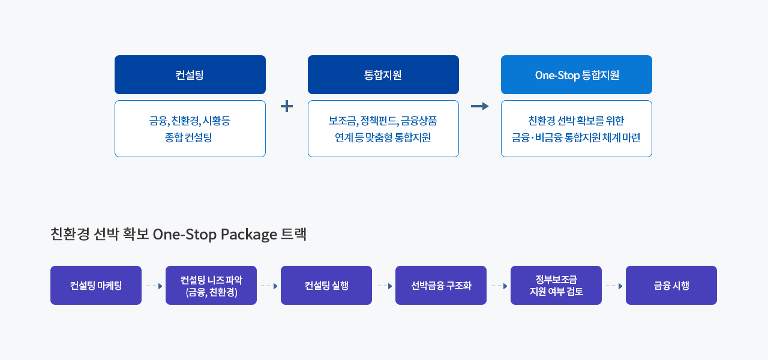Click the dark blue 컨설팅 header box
pos(190,75)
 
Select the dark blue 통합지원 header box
pos(383,75)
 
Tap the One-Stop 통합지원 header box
pos(576,75)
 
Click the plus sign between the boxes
pos(287,106)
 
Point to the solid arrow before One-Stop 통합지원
pos(479,106)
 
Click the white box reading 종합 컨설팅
pos(190,129)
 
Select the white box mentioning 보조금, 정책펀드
pos(383,129)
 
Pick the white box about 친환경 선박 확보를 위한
pos(576,129)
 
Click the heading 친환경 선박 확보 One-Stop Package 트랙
pos(179,234)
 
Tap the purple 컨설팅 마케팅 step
pos(96,286)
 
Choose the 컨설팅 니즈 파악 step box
pos(211,286)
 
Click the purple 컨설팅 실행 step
pos(326,286)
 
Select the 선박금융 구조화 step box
pos(441,286)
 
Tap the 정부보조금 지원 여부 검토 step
pos(556,286)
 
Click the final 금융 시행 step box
pos(671,286)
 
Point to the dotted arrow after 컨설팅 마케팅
pos(154,286)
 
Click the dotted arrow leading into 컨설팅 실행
pos(269,286)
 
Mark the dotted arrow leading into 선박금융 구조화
pos(384,286)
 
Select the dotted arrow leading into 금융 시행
pos(614,286)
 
